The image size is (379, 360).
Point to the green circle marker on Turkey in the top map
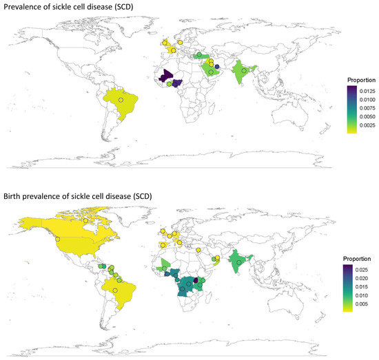tap(198, 54)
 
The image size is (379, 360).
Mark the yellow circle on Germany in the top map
tap(180, 43)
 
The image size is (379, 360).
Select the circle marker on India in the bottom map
tap(238, 262)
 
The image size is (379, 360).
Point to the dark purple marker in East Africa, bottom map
tap(196, 279)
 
